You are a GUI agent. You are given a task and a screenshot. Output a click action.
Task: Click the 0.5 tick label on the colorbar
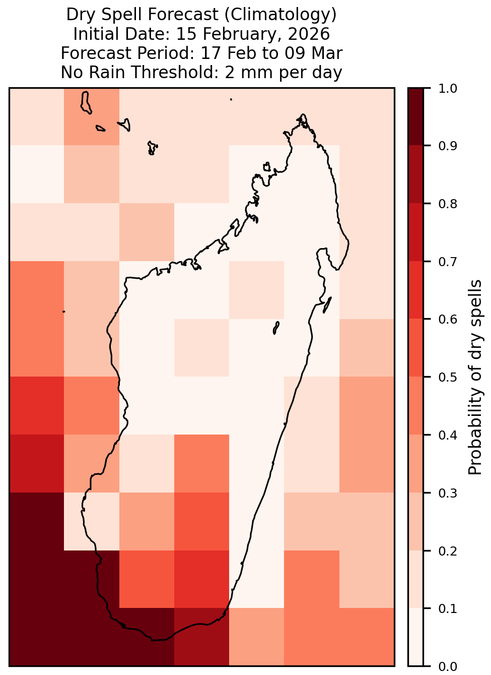click(447, 377)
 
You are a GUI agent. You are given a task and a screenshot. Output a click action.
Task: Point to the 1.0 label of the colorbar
click(447, 89)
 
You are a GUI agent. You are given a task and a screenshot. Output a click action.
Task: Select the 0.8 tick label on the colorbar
click(447, 204)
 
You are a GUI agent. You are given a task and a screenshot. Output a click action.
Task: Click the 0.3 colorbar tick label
click(447, 493)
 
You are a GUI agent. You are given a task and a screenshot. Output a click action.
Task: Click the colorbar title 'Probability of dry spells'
click(475, 377)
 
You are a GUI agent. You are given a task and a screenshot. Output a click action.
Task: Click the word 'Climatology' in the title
click(280, 15)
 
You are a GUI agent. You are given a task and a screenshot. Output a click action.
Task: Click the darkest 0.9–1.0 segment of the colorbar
click(415, 117)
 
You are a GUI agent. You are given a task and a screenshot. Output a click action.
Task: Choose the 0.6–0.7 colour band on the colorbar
click(415, 290)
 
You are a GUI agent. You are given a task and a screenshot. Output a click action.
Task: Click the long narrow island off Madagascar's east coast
click(327, 304)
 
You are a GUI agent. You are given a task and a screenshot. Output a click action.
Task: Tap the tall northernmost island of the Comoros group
click(86, 102)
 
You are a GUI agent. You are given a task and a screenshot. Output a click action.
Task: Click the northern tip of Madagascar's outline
click(303, 115)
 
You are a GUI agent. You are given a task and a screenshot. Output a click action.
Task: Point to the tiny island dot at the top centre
click(231, 99)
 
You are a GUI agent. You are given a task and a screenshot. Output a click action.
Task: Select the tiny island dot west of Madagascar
click(63, 312)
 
